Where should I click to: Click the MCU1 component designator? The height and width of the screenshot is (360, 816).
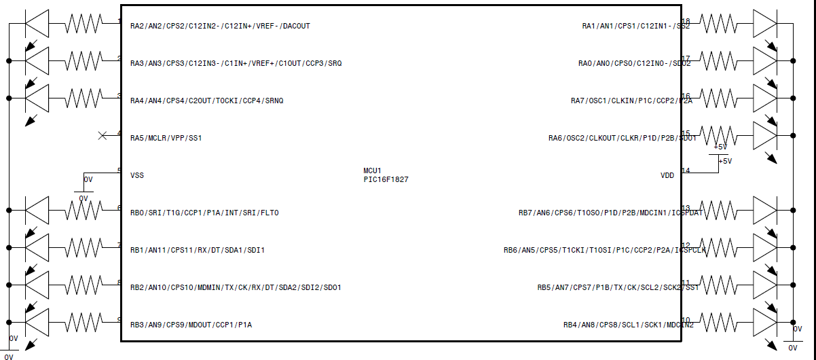(373, 170)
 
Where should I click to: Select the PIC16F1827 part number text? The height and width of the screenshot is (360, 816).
(386, 180)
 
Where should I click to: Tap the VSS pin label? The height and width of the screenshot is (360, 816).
(137, 175)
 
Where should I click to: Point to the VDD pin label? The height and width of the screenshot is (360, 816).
(667, 175)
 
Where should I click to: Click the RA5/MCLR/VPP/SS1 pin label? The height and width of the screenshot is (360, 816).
(166, 138)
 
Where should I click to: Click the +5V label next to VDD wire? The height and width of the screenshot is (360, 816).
(725, 161)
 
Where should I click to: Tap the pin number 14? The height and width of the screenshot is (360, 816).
(686, 170)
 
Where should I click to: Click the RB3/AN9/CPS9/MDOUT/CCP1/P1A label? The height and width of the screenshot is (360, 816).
(191, 325)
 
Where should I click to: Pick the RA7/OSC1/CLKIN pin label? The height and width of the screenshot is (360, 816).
(631, 101)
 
